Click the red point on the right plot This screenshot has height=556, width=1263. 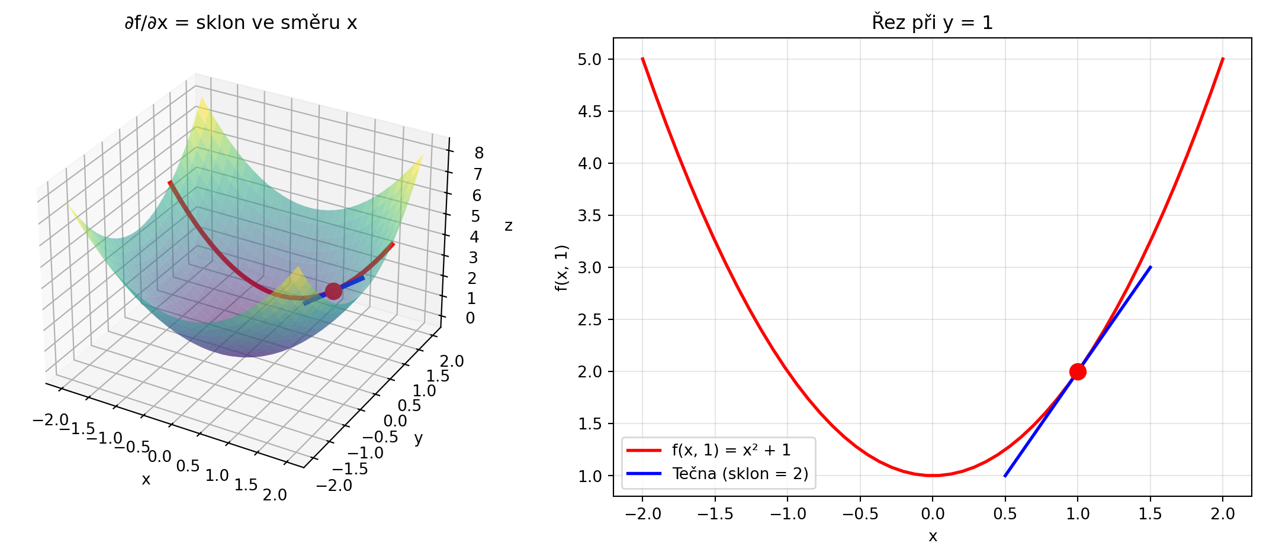tap(1078, 371)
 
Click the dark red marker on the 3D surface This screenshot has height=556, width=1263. tap(333, 291)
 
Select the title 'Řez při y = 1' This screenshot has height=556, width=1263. tap(932, 22)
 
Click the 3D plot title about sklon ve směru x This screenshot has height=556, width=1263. tap(240, 22)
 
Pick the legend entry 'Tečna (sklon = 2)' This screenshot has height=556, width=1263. tap(740, 474)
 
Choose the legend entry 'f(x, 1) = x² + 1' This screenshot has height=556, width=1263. tap(731, 450)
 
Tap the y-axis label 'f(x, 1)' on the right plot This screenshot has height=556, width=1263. tap(561, 267)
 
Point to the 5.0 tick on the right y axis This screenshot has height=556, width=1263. tap(589, 59)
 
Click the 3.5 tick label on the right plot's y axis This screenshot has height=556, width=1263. tap(589, 215)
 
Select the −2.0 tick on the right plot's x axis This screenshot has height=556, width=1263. tap(642, 514)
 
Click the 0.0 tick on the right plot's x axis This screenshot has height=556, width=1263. tap(933, 514)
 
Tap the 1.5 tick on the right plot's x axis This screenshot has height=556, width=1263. tap(1150, 514)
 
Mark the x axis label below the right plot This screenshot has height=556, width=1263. tap(933, 536)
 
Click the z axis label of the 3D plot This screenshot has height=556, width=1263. tap(508, 225)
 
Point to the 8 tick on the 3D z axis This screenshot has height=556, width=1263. tap(478, 153)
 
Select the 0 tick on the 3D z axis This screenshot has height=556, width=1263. tap(470, 318)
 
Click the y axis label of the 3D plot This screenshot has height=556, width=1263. tap(418, 438)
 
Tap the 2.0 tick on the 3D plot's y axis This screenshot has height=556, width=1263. tap(452, 361)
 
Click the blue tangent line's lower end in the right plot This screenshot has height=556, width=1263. tap(1005, 476)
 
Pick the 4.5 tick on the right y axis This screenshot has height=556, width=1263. tap(589, 111)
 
